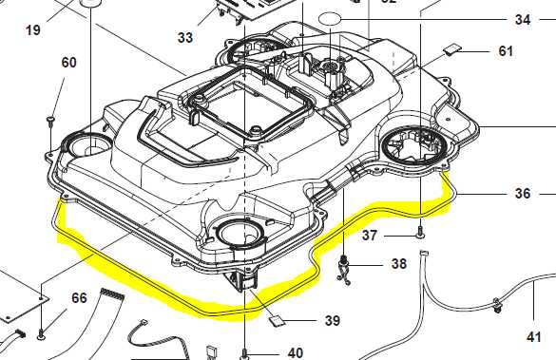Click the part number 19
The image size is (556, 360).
pyautogui.click(x=33, y=29)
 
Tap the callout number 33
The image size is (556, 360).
pyautogui.click(x=184, y=38)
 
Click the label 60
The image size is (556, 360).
pyautogui.click(x=68, y=63)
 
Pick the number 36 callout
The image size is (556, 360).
pyautogui.click(x=523, y=193)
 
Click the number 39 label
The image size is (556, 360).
pyautogui.click(x=331, y=321)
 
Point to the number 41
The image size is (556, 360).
pyautogui.click(x=534, y=336)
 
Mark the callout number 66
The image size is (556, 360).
pyautogui.click(x=79, y=298)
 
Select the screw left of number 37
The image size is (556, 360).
pyautogui.click(x=420, y=232)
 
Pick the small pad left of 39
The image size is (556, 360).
pyautogui.click(x=275, y=319)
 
